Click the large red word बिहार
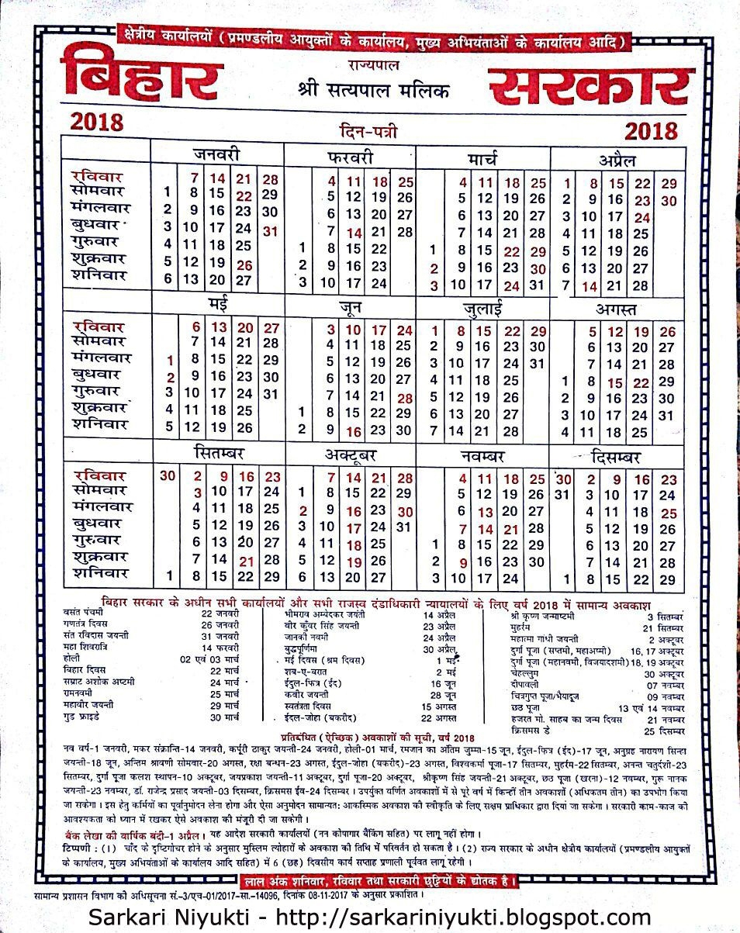coord(142,78)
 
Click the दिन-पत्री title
coord(368,132)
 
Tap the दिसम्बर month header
coord(617,455)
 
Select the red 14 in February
coord(354,232)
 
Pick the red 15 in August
coord(615,382)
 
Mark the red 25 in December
coord(669,513)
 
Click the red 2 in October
coord(303,511)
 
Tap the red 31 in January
coord(271,230)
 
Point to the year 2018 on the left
coord(97,123)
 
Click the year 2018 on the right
coord(650,130)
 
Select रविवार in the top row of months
coord(98,177)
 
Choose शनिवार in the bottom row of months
coord(98,575)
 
